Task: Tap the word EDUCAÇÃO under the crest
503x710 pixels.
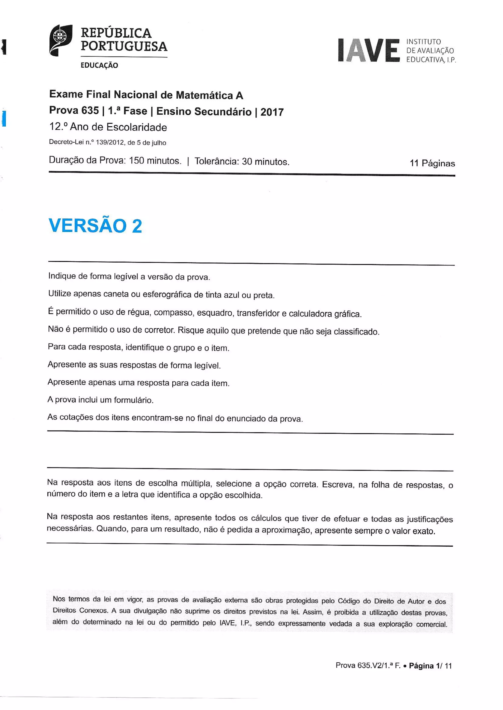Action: point(99,65)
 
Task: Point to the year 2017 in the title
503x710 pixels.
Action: point(272,112)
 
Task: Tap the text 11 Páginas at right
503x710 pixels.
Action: point(432,163)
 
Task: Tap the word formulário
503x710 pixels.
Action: point(134,400)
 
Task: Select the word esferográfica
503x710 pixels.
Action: point(167,294)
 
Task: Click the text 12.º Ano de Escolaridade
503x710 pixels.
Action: point(108,127)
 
